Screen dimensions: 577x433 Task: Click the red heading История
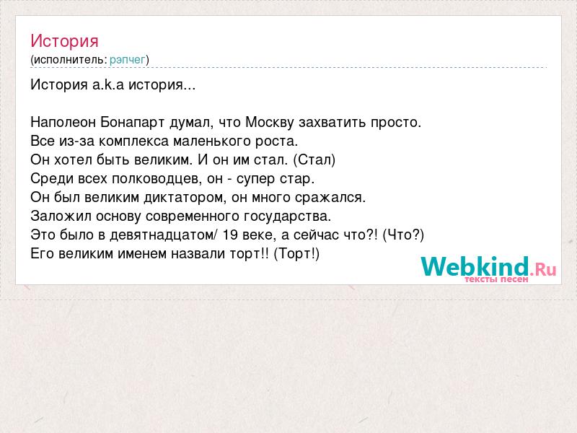64,41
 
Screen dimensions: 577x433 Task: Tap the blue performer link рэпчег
128,60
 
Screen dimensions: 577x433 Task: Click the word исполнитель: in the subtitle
70,60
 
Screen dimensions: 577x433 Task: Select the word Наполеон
63,122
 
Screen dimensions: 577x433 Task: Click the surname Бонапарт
133,122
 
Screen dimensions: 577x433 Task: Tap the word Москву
270,122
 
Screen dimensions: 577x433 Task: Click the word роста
276,141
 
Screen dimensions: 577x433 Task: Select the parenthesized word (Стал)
314,159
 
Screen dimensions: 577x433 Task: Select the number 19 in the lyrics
230,235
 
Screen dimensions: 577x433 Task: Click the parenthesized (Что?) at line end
404,235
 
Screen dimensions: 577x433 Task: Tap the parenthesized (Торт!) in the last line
296,254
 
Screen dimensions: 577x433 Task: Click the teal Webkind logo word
475,266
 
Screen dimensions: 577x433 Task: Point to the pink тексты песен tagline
496,279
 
